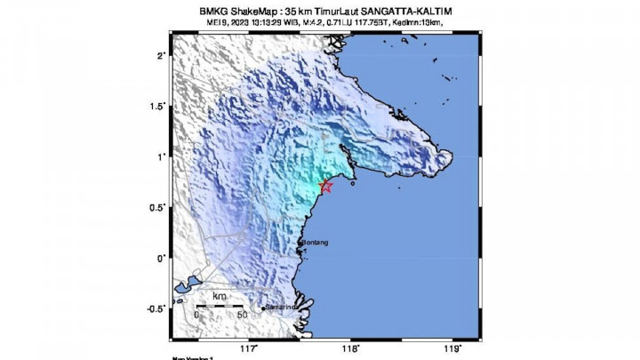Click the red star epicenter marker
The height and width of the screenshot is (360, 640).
point(325,186)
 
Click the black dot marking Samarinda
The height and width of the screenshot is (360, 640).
point(264,309)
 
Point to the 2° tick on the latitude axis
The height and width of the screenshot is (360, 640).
point(161,55)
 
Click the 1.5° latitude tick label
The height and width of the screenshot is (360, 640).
point(157,106)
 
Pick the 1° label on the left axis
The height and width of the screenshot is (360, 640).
point(161,156)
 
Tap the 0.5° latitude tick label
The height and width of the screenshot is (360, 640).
point(157,207)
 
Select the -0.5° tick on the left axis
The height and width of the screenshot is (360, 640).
point(156,308)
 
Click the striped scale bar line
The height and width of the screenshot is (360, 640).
point(219,305)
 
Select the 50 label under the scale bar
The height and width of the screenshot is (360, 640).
point(242,315)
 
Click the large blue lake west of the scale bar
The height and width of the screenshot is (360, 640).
point(186,287)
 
